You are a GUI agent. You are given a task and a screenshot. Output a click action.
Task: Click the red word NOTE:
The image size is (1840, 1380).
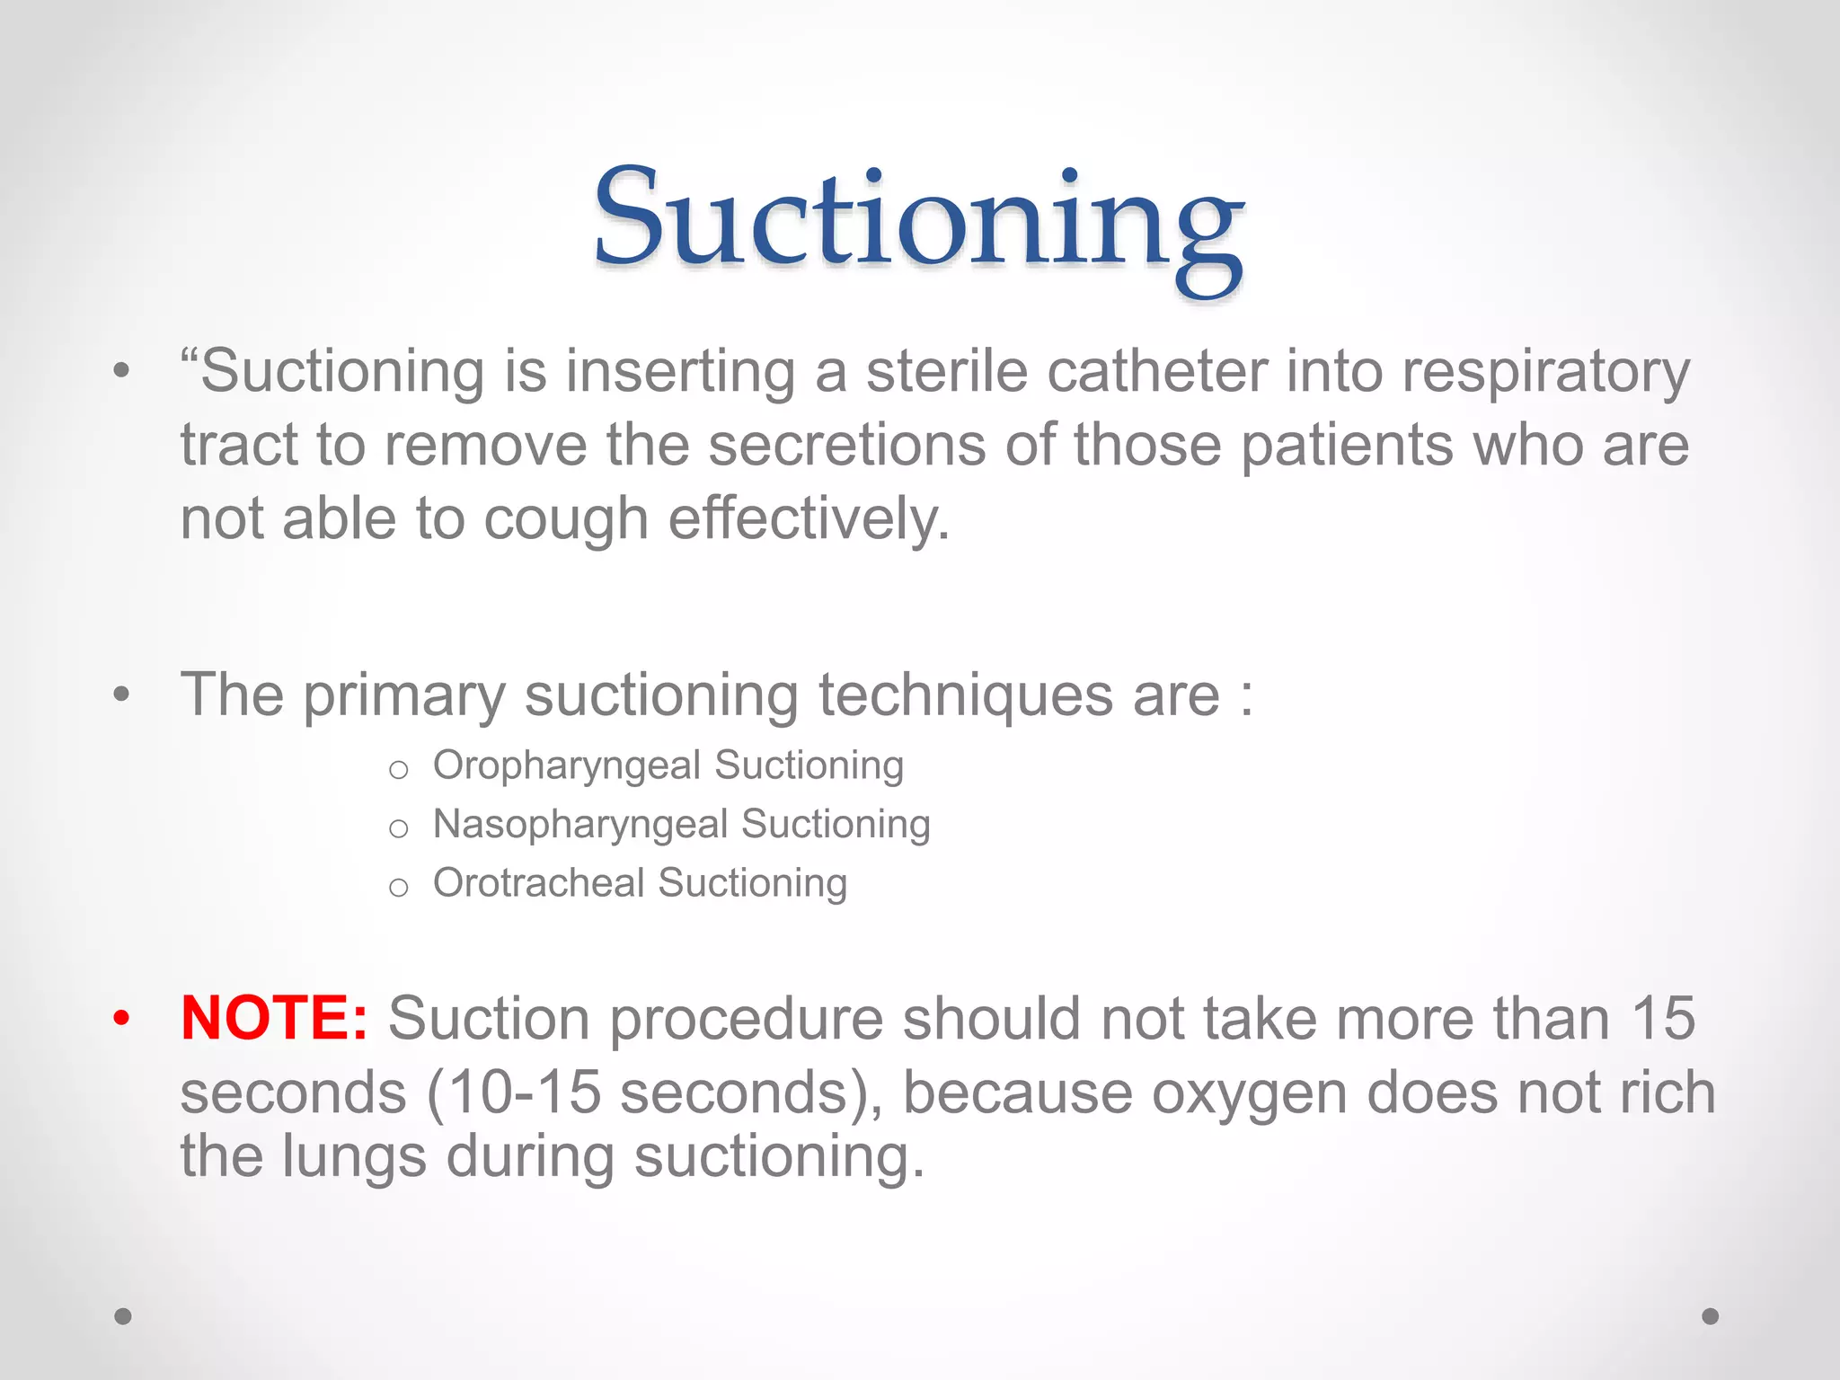274,1018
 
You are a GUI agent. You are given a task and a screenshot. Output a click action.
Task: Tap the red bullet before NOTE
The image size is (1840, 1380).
121,1018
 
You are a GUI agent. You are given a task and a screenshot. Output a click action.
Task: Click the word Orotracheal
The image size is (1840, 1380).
538,882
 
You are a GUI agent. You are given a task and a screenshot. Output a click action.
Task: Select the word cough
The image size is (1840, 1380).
566,520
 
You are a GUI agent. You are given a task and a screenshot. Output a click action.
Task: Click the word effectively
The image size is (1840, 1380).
809,520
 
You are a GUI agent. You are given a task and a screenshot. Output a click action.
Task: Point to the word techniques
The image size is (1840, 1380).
965,695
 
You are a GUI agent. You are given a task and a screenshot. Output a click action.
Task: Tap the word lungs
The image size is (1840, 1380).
354,1157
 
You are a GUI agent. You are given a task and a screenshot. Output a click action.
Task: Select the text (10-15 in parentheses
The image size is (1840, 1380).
513,1093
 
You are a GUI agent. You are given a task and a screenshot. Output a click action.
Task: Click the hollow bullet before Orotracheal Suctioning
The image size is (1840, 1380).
399,888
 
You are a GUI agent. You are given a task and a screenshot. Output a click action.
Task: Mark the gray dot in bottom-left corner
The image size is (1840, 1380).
123,1316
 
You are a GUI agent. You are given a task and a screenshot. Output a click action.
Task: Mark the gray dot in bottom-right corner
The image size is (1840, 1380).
1711,1316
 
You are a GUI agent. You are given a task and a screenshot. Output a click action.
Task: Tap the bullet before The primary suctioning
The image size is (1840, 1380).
121,695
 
